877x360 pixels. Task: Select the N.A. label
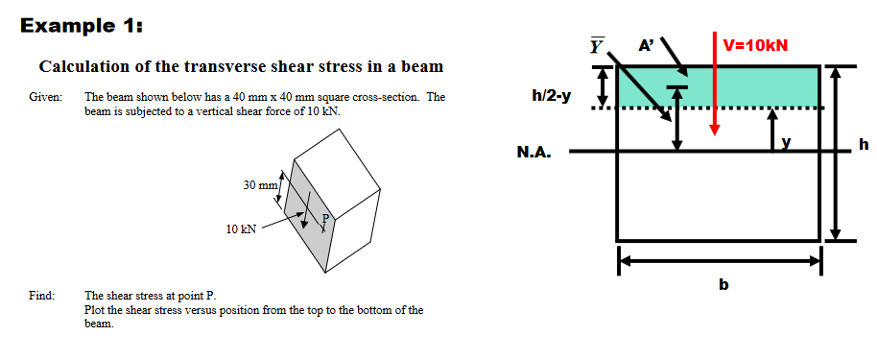(x=533, y=152)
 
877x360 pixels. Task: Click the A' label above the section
(x=647, y=44)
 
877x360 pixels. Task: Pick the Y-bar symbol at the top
(x=598, y=43)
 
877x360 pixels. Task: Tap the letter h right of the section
(x=864, y=145)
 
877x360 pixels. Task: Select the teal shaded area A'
(x=748, y=86)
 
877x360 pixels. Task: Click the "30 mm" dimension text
(x=259, y=183)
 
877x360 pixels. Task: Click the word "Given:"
(x=44, y=97)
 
